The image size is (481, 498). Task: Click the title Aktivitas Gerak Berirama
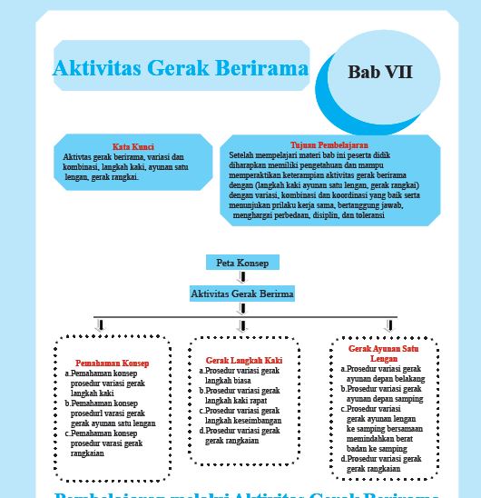pyautogui.click(x=181, y=69)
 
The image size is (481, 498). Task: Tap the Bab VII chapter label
pyautogui.click(x=380, y=72)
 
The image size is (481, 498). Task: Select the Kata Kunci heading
pyautogui.click(x=133, y=147)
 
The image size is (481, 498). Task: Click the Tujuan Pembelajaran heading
pyautogui.click(x=329, y=145)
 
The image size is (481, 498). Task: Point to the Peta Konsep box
pyautogui.click(x=241, y=263)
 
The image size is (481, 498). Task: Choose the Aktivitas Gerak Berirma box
pyautogui.click(x=242, y=294)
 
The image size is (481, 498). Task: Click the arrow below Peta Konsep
pyautogui.click(x=242, y=277)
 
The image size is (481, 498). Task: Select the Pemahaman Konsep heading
pyautogui.click(x=113, y=363)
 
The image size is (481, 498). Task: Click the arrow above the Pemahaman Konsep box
pyautogui.click(x=101, y=325)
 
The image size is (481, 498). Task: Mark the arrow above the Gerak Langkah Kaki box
pyautogui.click(x=242, y=325)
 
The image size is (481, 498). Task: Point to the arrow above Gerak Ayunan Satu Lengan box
pyautogui.click(x=390, y=325)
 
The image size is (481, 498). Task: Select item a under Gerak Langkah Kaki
pyautogui.click(x=240, y=376)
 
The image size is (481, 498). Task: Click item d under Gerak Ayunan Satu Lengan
pyautogui.click(x=382, y=463)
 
